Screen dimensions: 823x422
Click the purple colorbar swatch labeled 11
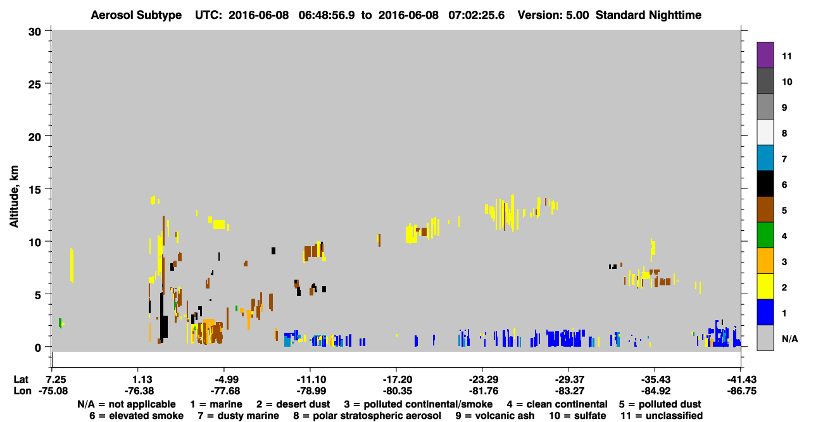[765, 54]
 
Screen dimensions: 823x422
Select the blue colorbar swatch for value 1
[765, 312]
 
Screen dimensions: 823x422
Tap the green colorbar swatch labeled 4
[765, 235]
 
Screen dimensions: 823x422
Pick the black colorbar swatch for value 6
[765, 183]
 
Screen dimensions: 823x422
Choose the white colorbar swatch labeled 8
[765, 132]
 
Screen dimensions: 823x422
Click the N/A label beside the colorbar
[789, 338]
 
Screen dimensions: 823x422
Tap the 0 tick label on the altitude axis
[38, 347]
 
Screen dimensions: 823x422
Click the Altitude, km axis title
[13, 197]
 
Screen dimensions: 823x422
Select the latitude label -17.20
[397, 380]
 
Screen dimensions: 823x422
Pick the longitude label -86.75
[741, 391]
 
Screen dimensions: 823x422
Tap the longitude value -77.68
[225, 391]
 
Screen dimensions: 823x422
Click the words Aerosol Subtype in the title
[136, 15]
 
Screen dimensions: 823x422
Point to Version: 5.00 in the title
[553, 15]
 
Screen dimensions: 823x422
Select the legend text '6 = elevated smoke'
[136, 416]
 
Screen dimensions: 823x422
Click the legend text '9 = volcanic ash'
[495, 416]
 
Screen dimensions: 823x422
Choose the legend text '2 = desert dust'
[293, 404]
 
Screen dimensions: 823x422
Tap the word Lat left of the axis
[20, 380]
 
